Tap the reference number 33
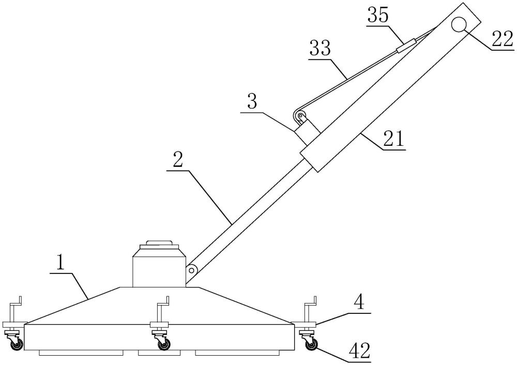(320, 49)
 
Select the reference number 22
(503, 39)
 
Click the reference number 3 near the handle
(252, 102)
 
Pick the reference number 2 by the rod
(177, 160)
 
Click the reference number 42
(359, 351)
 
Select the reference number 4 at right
(359, 302)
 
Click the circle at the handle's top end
(459, 25)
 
